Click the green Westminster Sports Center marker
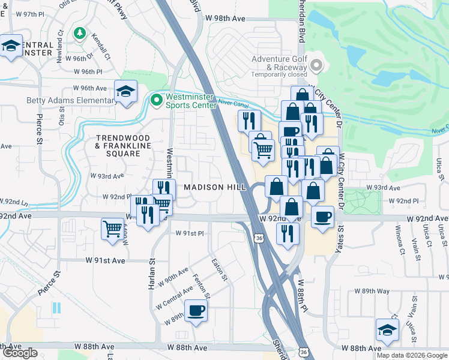coord(157,100)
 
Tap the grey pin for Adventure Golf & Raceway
coord(317,65)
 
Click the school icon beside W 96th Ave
coord(125,92)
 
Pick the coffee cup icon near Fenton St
coord(197,311)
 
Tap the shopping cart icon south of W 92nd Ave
coord(113,229)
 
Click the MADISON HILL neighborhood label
coord(214,187)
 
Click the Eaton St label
coord(219,269)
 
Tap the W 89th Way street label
coord(372,291)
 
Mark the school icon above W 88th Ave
coord(387,330)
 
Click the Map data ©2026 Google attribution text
coord(411,355)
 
